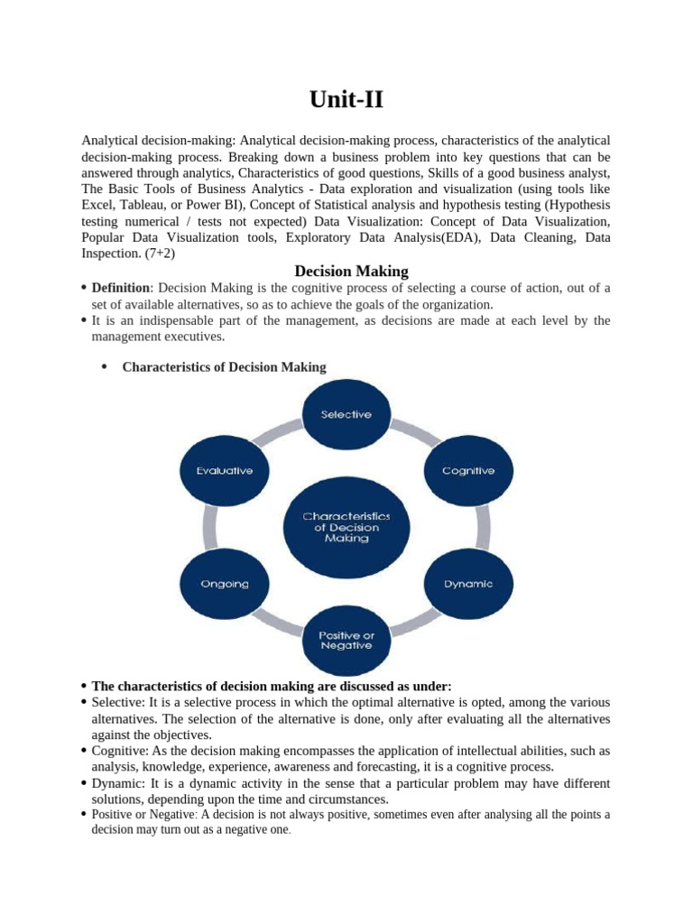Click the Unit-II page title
[346, 100]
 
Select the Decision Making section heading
[352, 271]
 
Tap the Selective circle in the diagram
[346, 414]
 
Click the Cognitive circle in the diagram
[467, 471]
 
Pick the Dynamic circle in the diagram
[468, 583]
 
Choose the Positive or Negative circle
[346, 640]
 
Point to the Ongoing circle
[225, 583]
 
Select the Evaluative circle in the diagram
[225, 471]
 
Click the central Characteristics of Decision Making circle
[346, 526]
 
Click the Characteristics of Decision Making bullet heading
[224, 366]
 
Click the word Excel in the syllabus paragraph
[98, 205]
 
